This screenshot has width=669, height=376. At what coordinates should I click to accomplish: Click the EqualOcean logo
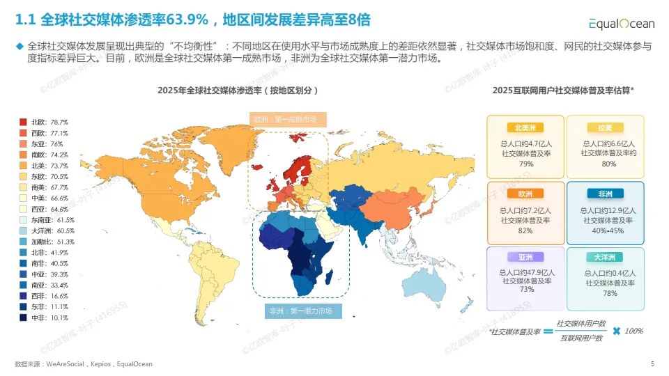coord(622,24)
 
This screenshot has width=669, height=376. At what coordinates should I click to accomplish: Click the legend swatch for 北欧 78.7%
coord(24,122)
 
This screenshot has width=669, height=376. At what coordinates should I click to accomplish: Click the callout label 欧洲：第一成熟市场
coord(289,120)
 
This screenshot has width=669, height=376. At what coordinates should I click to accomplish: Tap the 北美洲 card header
coord(525,128)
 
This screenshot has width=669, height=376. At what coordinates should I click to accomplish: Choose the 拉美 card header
coord(605,128)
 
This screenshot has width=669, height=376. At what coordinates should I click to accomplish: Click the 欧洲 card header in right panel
coord(525,194)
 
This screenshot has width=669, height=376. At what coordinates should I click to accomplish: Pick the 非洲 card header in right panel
coord(605,194)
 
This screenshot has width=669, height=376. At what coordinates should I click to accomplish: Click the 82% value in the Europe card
coord(525,230)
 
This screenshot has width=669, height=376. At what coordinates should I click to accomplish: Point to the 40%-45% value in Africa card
coord(605,230)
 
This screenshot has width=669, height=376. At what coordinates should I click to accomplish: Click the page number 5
coord(652,363)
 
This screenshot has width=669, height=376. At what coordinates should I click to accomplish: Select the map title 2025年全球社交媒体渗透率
coord(238,91)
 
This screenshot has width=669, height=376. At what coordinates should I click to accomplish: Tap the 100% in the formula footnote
coord(633,331)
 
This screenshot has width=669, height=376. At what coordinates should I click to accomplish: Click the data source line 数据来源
coord(84,364)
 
